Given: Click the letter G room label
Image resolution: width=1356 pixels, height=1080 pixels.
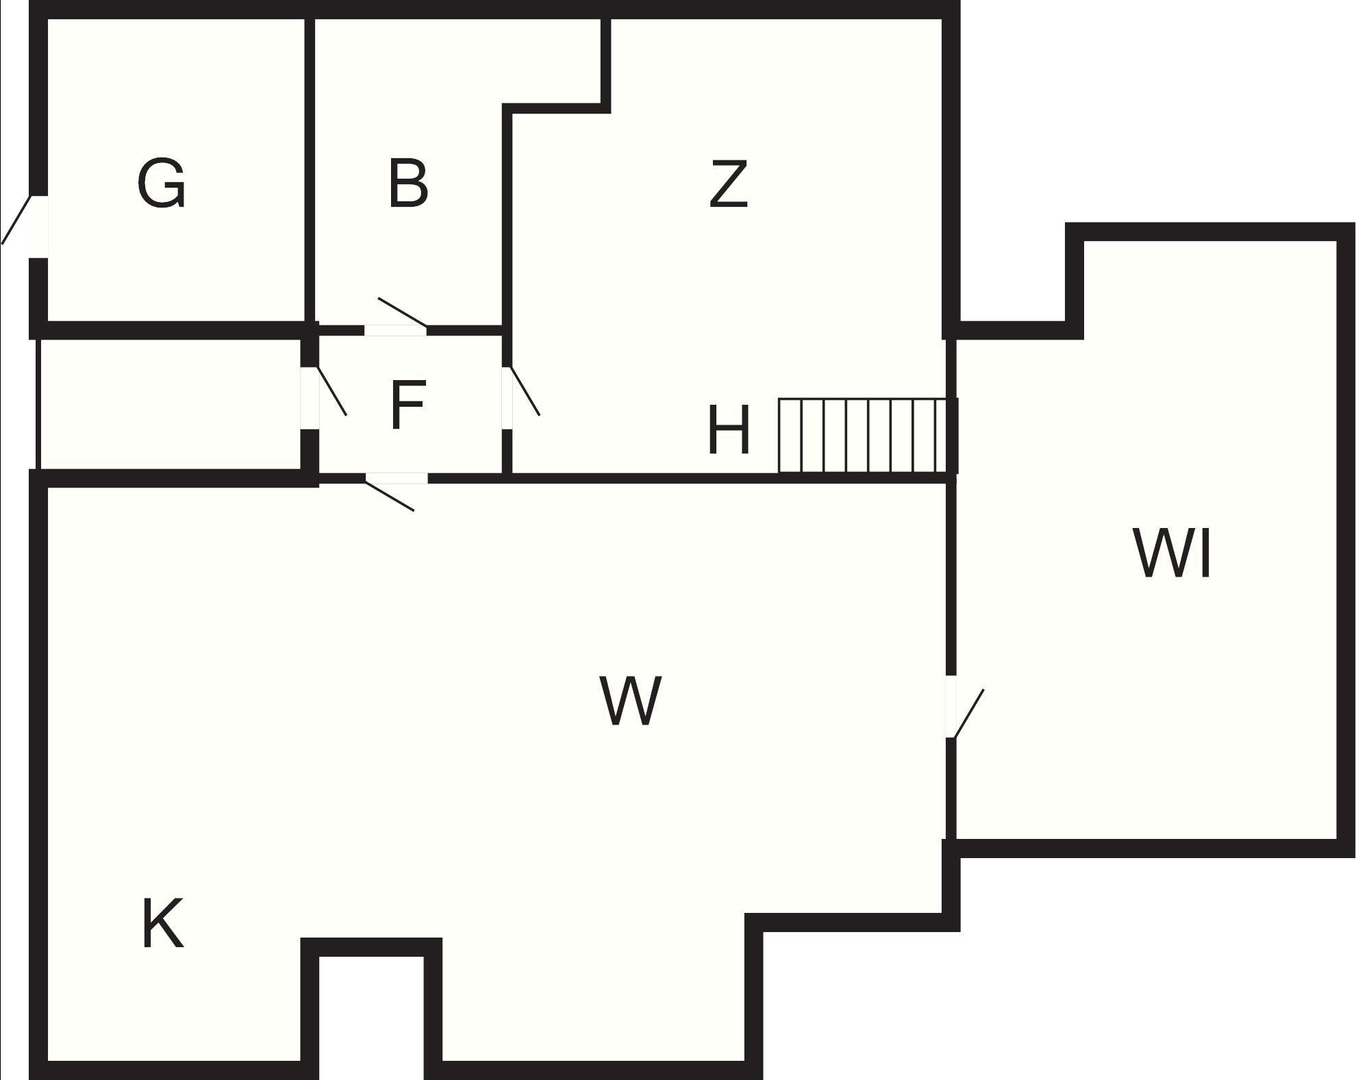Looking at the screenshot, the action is pyautogui.click(x=161, y=183).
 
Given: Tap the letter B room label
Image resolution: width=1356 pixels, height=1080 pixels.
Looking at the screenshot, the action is pyautogui.click(x=408, y=183).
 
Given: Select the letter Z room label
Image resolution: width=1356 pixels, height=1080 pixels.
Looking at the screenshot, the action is pyautogui.click(x=729, y=183).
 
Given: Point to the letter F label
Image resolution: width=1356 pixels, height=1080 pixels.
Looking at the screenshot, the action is pyautogui.click(x=408, y=405).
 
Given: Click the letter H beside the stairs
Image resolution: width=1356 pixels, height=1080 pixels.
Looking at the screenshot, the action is pyautogui.click(x=729, y=429).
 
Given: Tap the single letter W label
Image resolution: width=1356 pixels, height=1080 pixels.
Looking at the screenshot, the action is pyautogui.click(x=631, y=700).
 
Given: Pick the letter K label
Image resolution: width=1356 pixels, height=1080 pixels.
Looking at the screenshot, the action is pyautogui.click(x=162, y=924).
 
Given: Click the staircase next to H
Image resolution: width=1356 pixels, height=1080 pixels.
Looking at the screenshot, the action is pyautogui.click(x=867, y=436).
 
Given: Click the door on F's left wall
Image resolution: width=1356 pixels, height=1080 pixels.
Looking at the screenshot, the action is pyautogui.click(x=323, y=397).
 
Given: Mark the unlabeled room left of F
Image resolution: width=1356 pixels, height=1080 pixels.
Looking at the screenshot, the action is pyautogui.click(x=169, y=404).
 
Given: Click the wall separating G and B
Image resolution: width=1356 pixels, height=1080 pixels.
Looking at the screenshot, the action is pyautogui.click(x=310, y=170).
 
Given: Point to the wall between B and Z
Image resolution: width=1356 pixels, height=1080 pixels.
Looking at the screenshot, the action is pyautogui.click(x=507, y=216).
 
